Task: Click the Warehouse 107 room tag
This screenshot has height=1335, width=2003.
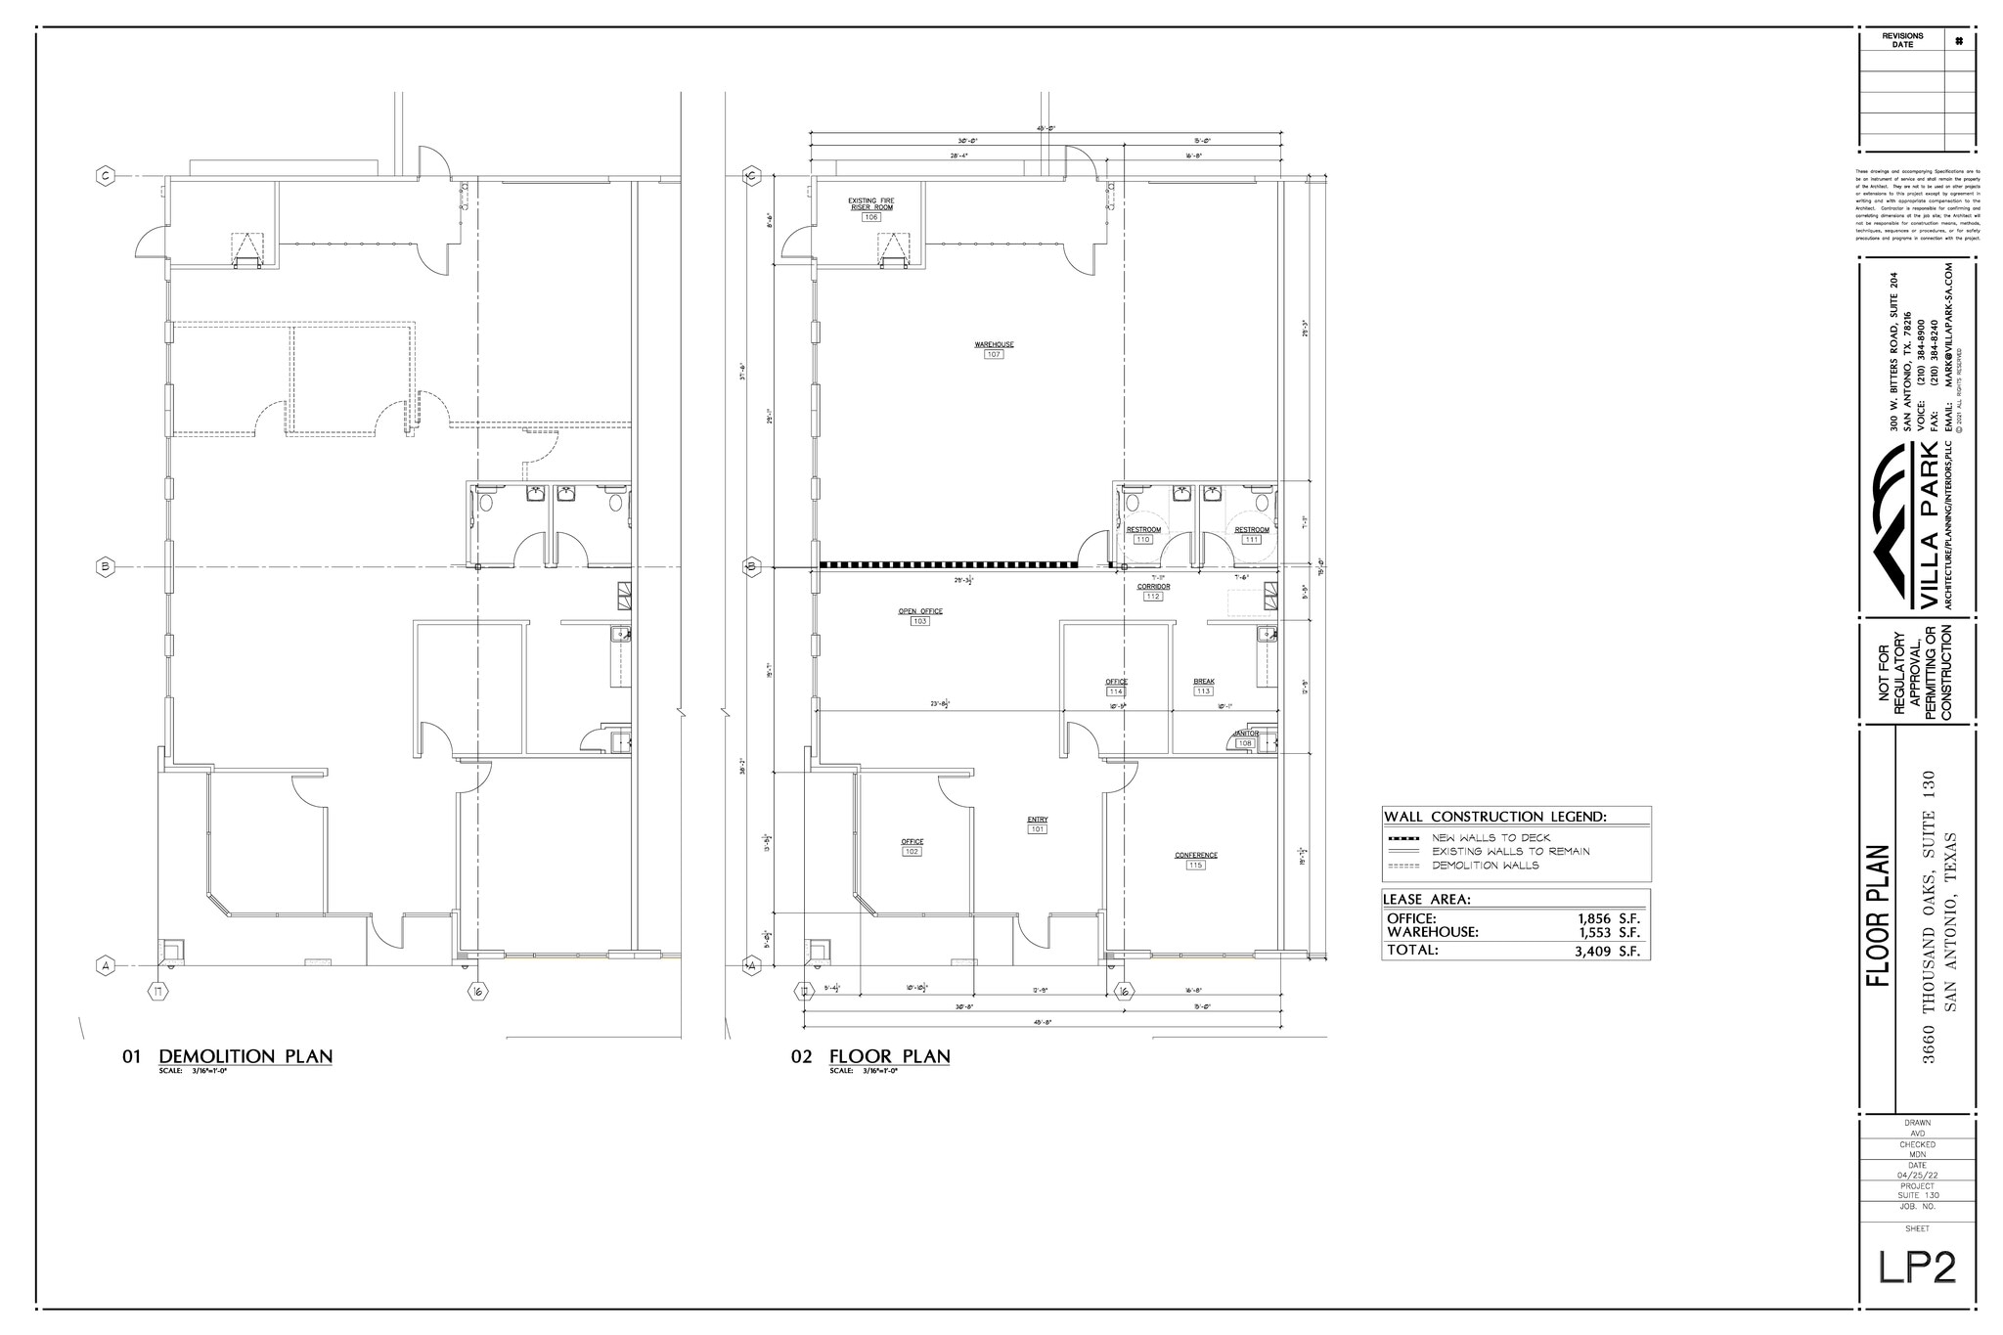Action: [994, 349]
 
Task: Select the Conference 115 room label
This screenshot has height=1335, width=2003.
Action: [1195, 860]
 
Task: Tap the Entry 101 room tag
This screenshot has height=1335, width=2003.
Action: [1037, 824]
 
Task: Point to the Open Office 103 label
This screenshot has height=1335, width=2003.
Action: [919, 616]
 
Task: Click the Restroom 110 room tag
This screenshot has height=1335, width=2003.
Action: [1143, 534]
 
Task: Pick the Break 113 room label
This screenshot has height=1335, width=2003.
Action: [1203, 686]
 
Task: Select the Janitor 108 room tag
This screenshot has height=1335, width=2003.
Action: [1245, 738]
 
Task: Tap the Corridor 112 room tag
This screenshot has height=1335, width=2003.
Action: [1153, 591]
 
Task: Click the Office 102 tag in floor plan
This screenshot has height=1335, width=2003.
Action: [912, 846]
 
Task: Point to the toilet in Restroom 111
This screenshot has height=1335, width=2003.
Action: [1262, 503]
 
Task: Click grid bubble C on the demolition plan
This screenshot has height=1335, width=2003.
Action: [105, 176]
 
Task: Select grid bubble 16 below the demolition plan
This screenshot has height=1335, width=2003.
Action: [478, 992]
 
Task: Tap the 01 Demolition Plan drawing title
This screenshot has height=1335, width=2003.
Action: [245, 1056]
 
